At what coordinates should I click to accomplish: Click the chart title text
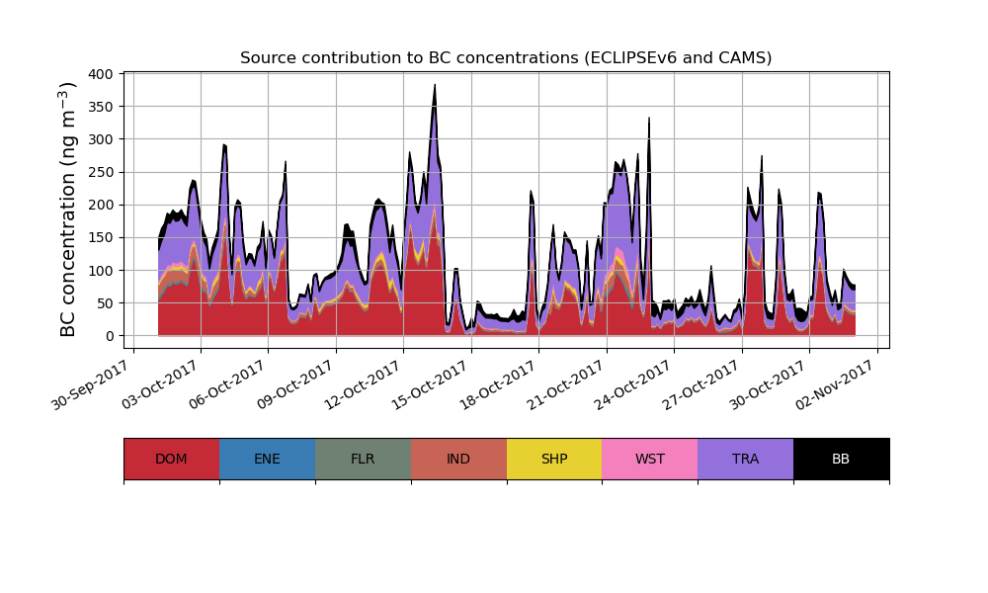(506, 58)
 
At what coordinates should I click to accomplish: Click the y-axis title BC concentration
(68, 210)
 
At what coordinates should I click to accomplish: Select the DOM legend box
(171, 459)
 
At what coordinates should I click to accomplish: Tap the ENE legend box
(267, 459)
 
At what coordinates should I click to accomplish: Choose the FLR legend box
(363, 459)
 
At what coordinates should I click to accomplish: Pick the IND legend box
(458, 459)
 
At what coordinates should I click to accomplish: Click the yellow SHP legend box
(554, 459)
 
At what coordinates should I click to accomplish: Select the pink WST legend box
(650, 459)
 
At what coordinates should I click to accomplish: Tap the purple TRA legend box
(746, 459)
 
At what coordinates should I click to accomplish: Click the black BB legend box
(841, 459)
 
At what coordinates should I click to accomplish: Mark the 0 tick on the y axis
(108, 336)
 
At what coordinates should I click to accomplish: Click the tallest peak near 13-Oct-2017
(435, 86)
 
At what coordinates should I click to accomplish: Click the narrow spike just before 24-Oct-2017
(649, 119)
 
